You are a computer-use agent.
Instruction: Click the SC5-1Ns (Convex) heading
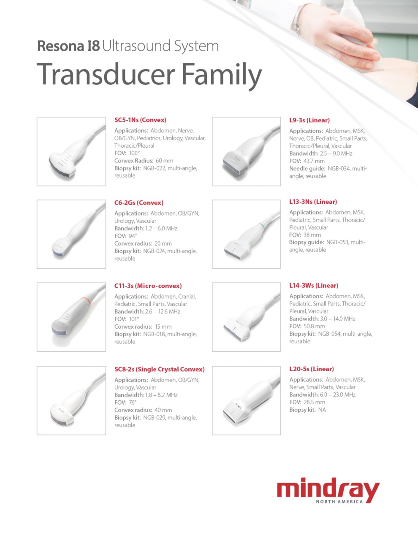[x=140, y=120]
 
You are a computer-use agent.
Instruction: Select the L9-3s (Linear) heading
[x=309, y=120]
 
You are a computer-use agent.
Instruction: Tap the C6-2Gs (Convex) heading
[x=139, y=203]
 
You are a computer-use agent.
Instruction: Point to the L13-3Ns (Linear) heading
[x=313, y=202]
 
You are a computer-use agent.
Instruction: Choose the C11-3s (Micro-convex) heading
[x=148, y=286]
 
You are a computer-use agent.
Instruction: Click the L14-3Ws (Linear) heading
[x=314, y=286]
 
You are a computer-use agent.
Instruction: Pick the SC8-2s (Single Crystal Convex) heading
[x=160, y=369]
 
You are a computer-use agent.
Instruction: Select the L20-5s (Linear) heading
[x=312, y=369]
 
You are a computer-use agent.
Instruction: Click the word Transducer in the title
[x=106, y=74]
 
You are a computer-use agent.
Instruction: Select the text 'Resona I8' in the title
[x=68, y=46]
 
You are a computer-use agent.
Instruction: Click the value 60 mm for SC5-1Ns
[x=164, y=161]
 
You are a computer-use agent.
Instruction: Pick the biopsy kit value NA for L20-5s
[x=322, y=410]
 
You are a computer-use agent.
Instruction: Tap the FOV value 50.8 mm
[x=314, y=326]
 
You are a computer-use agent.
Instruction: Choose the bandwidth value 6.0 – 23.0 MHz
[x=338, y=394]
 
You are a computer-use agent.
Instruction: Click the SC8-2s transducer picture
[x=71, y=400]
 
